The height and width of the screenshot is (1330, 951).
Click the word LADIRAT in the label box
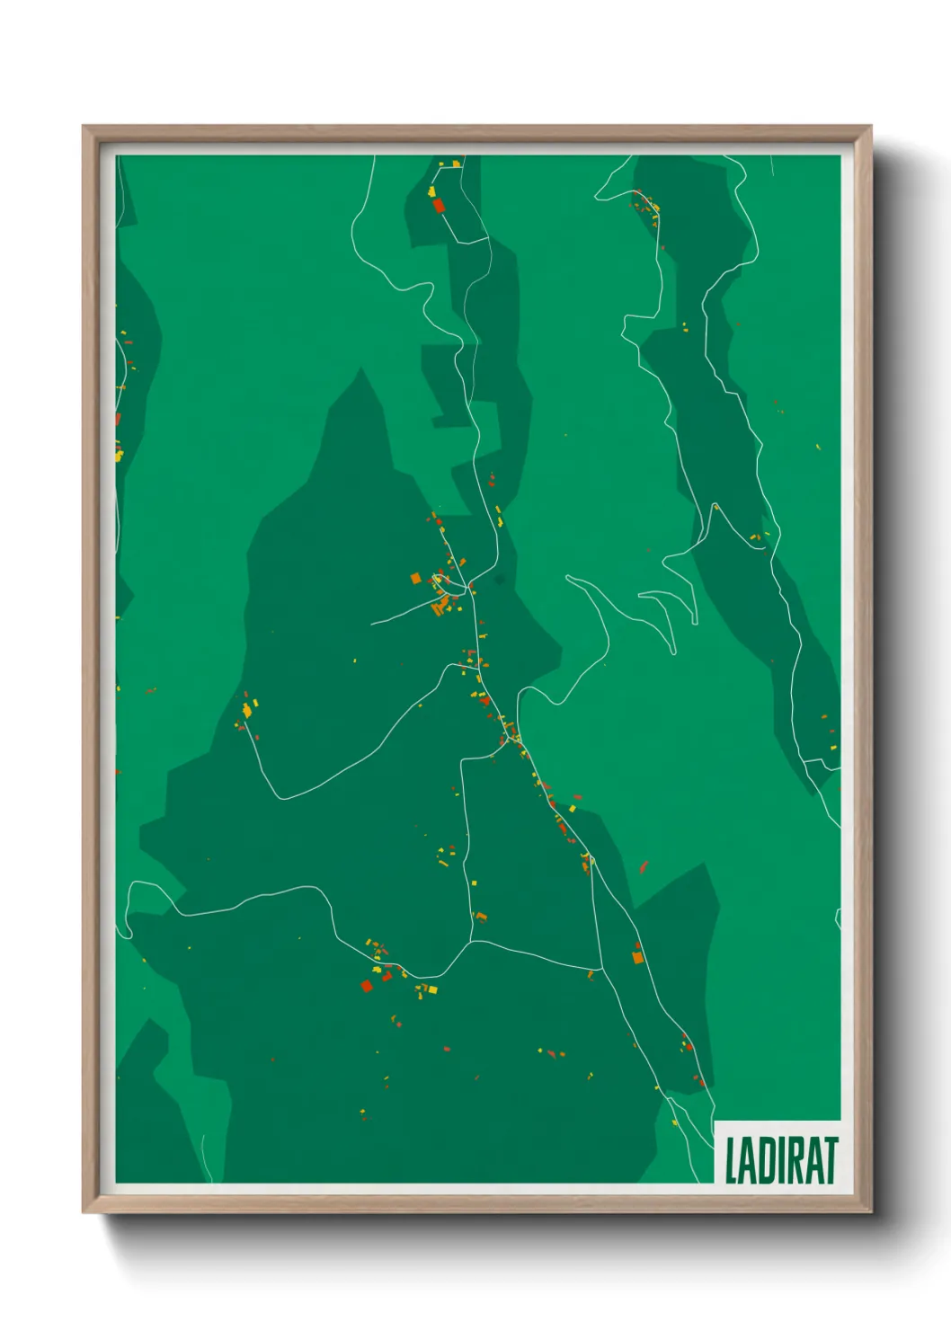[780, 1160]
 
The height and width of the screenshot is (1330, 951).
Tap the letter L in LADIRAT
[732, 1160]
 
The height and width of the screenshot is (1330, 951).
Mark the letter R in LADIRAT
[795, 1160]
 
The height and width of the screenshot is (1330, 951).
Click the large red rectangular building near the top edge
[439, 206]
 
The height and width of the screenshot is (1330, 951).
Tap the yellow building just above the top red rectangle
[432, 191]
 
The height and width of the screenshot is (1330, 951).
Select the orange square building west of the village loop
[415, 579]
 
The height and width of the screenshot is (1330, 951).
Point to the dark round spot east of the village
[500, 580]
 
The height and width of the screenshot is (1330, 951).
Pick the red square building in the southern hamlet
[367, 986]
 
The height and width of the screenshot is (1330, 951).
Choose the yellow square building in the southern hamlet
[431, 989]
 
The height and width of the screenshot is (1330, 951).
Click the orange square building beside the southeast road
[638, 958]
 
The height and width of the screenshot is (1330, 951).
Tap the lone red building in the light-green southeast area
[644, 867]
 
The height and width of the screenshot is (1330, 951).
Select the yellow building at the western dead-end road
[247, 710]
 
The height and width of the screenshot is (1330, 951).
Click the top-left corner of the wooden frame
[84, 127]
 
